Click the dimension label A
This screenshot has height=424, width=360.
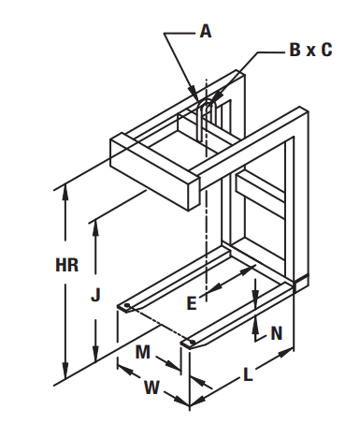point(206,32)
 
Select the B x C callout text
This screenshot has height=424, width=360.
point(310,50)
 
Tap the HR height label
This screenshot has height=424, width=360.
point(67,265)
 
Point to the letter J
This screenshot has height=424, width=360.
point(95,295)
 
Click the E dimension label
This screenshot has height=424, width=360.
point(192,303)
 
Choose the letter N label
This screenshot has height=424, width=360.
point(277,333)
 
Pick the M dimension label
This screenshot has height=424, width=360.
point(143,352)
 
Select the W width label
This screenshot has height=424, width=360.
point(151,387)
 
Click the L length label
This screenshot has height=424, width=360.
point(248,374)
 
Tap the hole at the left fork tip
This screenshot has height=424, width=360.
point(127,305)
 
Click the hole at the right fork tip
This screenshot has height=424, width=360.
point(193,343)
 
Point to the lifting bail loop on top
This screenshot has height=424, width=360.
point(206,120)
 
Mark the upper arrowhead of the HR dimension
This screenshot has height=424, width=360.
point(65,191)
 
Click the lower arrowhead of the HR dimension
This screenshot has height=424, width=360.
point(65,372)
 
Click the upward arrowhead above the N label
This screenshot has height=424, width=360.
point(255,324)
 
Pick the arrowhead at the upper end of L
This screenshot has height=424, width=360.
point(285,354)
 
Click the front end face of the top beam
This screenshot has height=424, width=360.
point(194,193)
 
